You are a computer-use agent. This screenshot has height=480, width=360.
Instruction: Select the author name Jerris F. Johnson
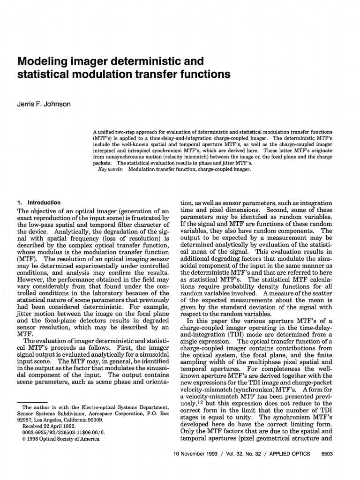(44, 104)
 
